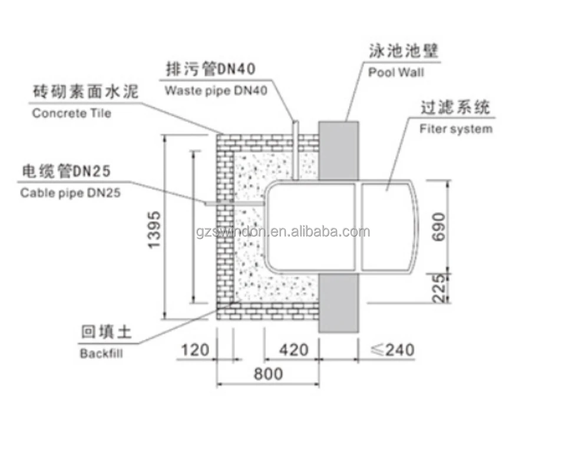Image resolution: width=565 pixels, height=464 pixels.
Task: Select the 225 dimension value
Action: tap(438, 288)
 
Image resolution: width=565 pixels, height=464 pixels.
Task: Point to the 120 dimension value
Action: tap(195, 350)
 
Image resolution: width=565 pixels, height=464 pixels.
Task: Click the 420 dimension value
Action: tap(292, 350)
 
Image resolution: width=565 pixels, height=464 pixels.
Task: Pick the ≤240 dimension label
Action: tap(392, 350)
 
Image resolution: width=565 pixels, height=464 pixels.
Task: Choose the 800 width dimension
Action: tap(268, 373)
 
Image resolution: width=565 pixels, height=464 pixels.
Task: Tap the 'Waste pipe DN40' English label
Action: tap(216, 91)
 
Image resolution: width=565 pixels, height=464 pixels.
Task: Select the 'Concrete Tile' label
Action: tap(71, 113)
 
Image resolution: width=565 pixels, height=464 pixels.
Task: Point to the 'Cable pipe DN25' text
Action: tap(71, 193)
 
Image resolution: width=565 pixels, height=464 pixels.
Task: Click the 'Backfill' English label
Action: tap(101, 353)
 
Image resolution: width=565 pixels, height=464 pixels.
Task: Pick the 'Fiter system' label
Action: tap(456, 129)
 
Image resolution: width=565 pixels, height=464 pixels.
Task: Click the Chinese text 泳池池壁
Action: tap(404, 52)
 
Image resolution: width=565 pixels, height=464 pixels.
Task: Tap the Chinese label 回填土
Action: tap(106, 333)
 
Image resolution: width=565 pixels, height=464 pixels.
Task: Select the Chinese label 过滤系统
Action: tap(455, 108)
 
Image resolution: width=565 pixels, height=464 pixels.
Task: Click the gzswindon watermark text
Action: tap(283, 231)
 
